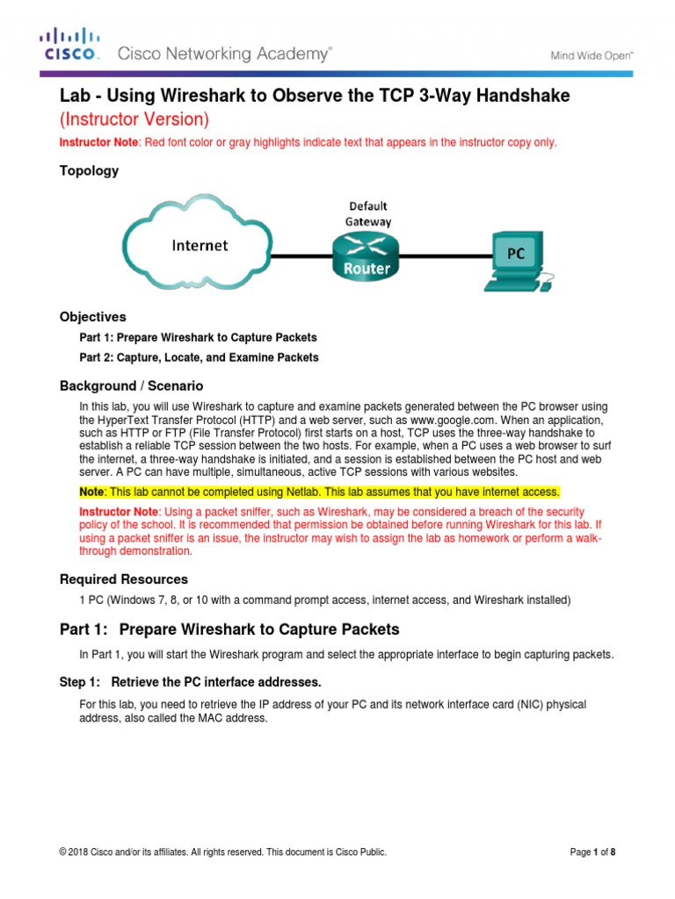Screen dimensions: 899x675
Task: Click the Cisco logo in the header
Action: click(x=68, y=45)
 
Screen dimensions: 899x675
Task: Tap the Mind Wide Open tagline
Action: click(x=592, y=54)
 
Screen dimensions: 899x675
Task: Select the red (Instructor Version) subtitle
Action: click(x=134, y=119)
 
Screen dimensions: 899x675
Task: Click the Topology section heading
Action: click(x=89, y=171)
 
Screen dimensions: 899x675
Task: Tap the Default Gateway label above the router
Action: click(x=367, y=214)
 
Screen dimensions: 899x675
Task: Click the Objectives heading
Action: click(x=92, y=317)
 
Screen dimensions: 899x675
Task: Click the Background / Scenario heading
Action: click(x=131, y=385)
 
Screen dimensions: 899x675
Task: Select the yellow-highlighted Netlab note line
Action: click(x=319, y=492)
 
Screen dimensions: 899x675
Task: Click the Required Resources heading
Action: click(x=123, y=579)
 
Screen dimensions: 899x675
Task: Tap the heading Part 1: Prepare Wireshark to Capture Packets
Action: click(x=229, y=629)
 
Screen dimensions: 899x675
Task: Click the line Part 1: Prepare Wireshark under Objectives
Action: click(x=198, y=337)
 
